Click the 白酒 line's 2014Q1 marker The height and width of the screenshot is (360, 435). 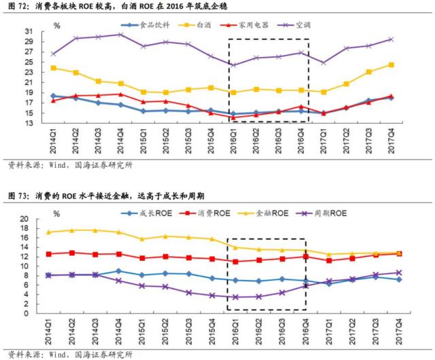(x=53, y=68)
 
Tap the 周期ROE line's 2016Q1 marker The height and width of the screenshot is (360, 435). (x=235, y=297)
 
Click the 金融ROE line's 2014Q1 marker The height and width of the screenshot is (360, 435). (x=48, y=232)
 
